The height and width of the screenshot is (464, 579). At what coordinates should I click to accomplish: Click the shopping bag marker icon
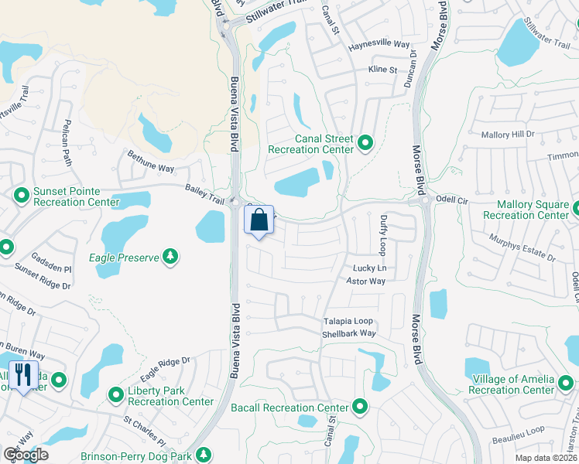click(x=259, y=220)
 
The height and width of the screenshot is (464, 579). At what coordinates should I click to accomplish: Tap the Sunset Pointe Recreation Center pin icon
click(x=22, y=196)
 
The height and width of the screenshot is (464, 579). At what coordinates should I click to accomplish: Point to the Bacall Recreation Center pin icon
click(x=359, y=406)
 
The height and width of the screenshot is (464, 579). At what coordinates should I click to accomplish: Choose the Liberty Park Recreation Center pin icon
click(x=116, y=395)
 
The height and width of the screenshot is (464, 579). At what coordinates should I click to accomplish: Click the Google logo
click(x=26, y=455)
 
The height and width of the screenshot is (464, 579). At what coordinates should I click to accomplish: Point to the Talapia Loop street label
click(x=348, y=321)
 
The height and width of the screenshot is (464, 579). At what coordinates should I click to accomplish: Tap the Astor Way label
click(x=365, y=281)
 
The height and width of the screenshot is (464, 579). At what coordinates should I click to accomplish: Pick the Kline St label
click(x=382, y=70)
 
